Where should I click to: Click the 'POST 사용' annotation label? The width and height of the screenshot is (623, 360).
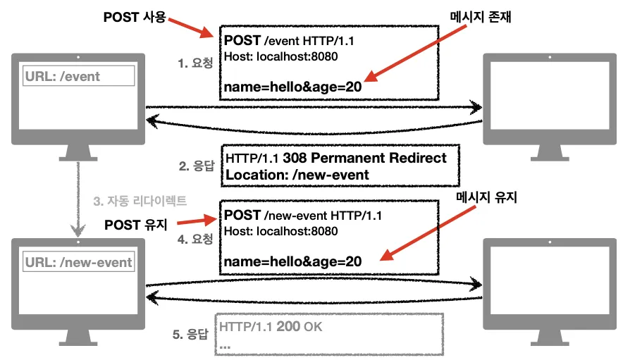134,15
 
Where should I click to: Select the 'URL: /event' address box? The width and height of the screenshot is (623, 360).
78,76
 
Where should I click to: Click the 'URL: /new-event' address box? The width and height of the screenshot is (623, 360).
78,262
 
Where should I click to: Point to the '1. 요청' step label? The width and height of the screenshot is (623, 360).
195,62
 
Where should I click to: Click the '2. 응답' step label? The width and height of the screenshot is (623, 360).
195,166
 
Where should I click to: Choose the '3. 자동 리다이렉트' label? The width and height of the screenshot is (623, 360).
140,201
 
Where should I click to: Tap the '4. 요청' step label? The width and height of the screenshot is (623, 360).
195,239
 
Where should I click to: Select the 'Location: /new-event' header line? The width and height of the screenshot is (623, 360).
297,174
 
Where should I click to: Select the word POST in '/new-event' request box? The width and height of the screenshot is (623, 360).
242,215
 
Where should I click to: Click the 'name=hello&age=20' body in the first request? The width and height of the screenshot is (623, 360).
292,87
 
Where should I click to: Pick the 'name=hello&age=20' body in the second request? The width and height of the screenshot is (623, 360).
292,261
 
